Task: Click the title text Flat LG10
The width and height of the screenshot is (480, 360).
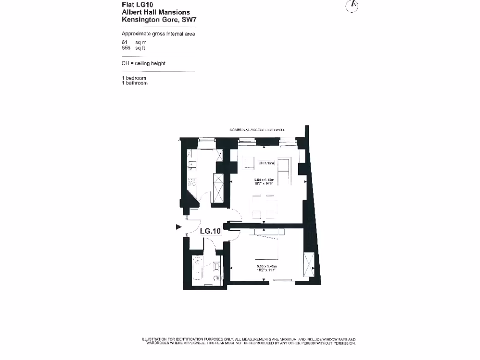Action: pos(135,4)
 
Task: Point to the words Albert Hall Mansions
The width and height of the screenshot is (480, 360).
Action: pos(156,12)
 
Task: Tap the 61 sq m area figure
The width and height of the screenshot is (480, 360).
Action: pos(134,42)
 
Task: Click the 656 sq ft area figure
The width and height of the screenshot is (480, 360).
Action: pos(134,48)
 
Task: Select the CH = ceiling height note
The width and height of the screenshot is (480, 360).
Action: pos(143,63)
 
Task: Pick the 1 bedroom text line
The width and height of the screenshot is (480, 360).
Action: pos(134,78)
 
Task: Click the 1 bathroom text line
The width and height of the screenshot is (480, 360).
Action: pos(135,83)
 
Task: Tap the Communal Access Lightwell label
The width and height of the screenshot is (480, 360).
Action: pos(257,130)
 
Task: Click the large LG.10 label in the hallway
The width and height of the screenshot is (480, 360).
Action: pos(210,231)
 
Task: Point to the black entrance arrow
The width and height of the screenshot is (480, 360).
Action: pos(179,227)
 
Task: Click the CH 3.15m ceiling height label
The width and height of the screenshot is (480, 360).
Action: pos(266,164)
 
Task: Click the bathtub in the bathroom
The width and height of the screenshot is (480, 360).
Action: pos(196,270)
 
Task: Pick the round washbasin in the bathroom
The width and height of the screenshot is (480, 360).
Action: pos(217,266)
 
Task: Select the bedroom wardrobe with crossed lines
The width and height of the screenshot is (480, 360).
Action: pos(309,265)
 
